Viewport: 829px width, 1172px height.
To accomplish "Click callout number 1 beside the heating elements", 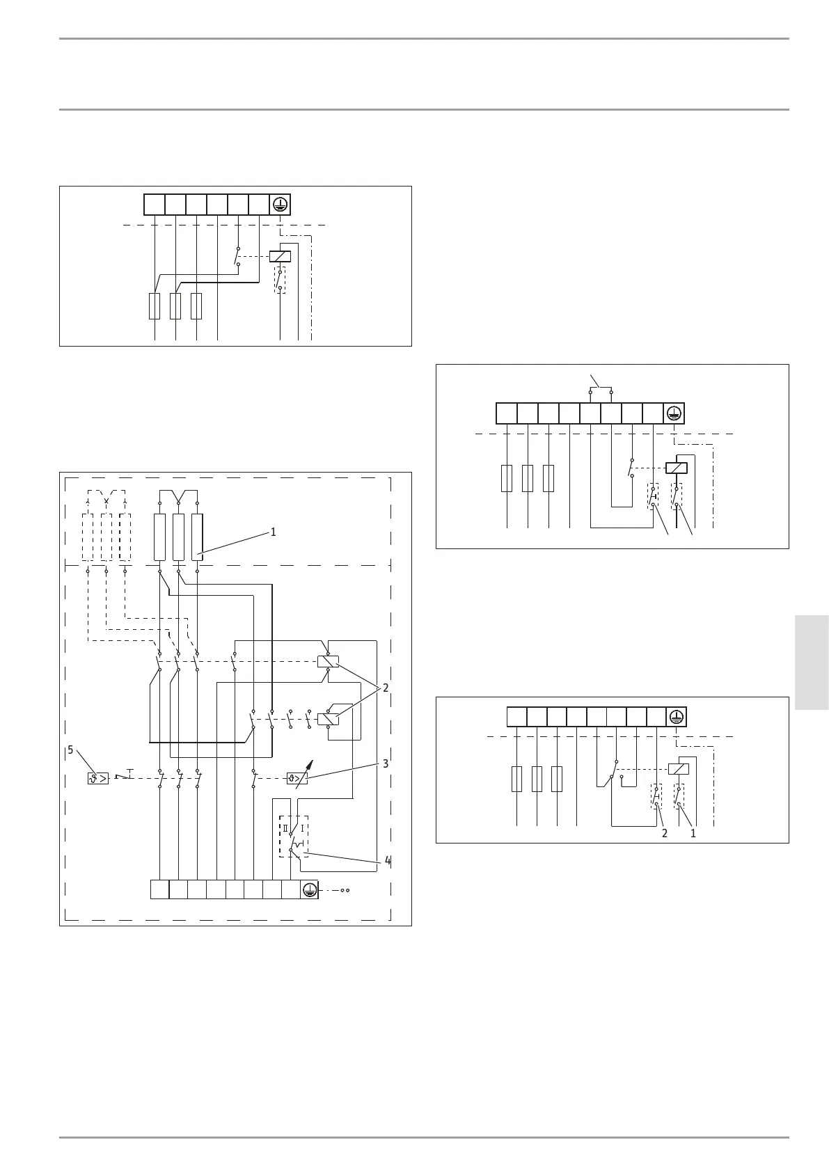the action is pyautogui.click(x=273, y=532).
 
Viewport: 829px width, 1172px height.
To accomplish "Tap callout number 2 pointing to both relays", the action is pyautogui.click(x=385, y=688).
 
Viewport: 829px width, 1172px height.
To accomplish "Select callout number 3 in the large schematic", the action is pyautogui.click(x=385, y=764).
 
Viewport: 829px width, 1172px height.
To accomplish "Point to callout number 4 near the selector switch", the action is pyautogui.click(x=387, y=861).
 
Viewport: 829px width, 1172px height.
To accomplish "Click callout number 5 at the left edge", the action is pyautogui.click(x=70, y=750).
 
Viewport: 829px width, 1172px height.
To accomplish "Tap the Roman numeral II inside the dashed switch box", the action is pyautogui.click(x=285, y=828).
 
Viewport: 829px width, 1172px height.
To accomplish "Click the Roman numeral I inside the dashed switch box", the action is pyautogui.click(x=301, y=828).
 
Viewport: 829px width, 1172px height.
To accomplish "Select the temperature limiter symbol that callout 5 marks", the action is pyautogui.click(x=98, y=778).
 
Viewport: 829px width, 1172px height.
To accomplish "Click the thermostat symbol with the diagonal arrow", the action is pyautogui.click(x=297, y=778).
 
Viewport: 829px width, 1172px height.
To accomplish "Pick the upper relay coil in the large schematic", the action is pyautogui.click(x=328, y=661).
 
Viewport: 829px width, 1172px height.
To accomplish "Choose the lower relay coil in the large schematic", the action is pyautogui.click(x=328, y=719).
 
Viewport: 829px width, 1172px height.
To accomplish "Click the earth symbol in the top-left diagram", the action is pyautogui.click(x=280, y=205).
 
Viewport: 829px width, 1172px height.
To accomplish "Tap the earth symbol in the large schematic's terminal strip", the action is pyautogui.click(x=309, y=889).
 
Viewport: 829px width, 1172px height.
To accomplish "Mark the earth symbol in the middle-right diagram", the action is pyautogui.click(x=673, y=413).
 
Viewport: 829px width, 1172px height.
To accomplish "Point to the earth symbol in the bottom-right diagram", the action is pyautogui.click(x=676, y=717).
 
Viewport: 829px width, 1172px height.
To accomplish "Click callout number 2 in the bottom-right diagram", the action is pyautogui.click(x=664, y=833).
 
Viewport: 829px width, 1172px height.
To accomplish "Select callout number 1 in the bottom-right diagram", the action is pyautogui.click(x=693, y=833).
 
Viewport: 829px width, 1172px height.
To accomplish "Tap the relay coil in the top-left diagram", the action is pyautogui.click(x=280, y=256).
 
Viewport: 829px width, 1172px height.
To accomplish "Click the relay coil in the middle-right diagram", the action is pyautogui.click(x=677, y=468).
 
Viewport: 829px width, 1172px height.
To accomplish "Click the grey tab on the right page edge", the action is pyautogui.click(x=812, y=662).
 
